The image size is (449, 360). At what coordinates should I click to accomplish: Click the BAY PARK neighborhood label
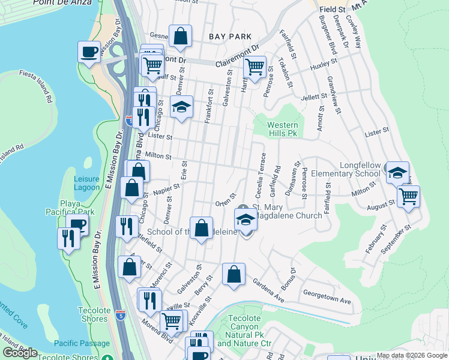(x=230, y=37)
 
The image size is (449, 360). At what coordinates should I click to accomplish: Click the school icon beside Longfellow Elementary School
(x=397, y=173)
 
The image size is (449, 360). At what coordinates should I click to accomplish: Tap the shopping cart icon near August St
(x=408, y=196)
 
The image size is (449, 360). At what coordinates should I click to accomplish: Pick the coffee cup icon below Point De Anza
(x=89, y=51)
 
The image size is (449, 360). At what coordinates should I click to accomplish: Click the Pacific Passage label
(x=82, y=343)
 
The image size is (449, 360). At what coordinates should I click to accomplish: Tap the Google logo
(x=20, y=353)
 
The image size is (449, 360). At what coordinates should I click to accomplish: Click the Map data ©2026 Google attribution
(x=412, y=355)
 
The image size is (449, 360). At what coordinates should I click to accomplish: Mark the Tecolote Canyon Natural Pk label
(x=244, y=331)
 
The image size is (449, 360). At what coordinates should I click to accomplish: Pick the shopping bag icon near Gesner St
(x=180, y=36)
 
